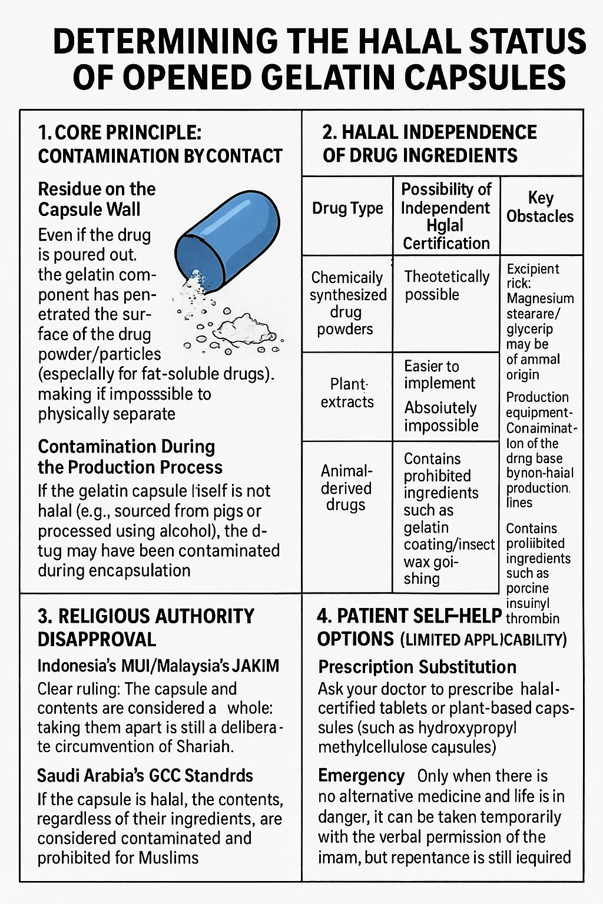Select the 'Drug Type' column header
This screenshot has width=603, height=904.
pyautogui.click(x=347, y=208)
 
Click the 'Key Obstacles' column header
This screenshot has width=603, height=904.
pyautogui.click(x=540, y=207)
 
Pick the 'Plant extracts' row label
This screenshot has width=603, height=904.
pyautogui.click(x=347, y=393)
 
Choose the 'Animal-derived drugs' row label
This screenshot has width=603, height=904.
pyautogui.click(x=346, y=488)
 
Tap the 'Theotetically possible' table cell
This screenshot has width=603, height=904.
pyautogui.click(x=447, y=285)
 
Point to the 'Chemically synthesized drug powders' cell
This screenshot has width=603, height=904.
pyautogui.click(x=347, y=303)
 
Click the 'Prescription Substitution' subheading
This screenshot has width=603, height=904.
pyautogui.click(x=417, y=667)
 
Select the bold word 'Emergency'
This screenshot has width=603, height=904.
pyautogui.click(x=361, y=776)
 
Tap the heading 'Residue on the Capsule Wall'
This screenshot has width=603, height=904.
pyautogui.click(x=97, y=199)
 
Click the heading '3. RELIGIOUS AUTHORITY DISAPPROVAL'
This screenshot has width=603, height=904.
pyautogui.click(x=145, y=627)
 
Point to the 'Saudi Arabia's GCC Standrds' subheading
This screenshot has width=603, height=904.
pyautogui.click(x=145, y=775)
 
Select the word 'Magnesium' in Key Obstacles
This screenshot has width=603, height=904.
pyautogui.click(x=540, y=298)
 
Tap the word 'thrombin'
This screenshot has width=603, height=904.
pyautogui.click(x=532, y=619)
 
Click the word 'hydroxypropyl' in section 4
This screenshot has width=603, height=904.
pyautogui.click(x=468, y=728)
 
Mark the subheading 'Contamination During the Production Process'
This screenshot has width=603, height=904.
pyautogui.click(x=130, y=457)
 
